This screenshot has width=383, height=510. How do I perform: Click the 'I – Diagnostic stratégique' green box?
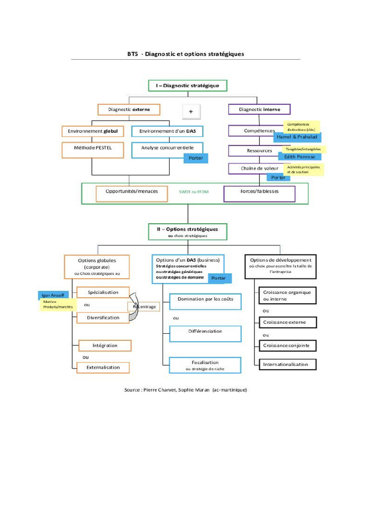[188, 86]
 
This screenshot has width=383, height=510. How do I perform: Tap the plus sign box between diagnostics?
[191, 112]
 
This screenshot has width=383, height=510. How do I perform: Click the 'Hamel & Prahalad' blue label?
[297, 137]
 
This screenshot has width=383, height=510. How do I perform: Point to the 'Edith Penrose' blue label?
[300, 157]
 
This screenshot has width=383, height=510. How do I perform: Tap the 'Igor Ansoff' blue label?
[53, 295]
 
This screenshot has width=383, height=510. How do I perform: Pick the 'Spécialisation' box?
[104, 292]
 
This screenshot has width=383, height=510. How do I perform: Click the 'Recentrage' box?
[145, 307]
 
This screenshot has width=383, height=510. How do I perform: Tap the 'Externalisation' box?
[103, 368]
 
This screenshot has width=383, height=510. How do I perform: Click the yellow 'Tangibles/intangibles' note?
[303, 149]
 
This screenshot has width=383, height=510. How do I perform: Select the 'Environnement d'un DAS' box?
[167, 131]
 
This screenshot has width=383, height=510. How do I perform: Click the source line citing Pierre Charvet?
[186, 390]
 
